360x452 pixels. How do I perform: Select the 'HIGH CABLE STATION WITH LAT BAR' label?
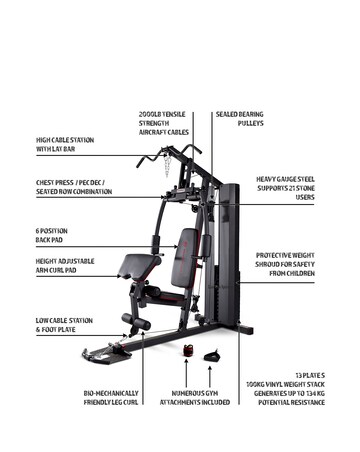point(65,145)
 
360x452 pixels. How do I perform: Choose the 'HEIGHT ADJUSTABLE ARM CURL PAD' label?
point(65,266)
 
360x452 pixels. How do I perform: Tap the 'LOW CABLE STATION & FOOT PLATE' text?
point(64,325)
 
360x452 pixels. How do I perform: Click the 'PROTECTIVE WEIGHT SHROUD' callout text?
point(285,263)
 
